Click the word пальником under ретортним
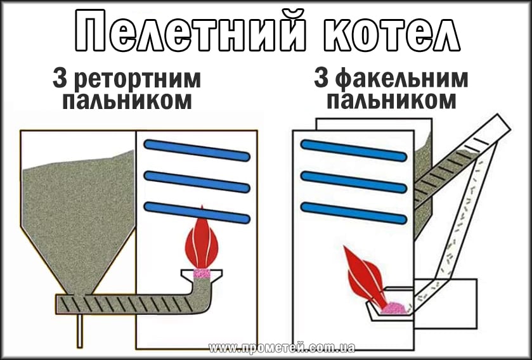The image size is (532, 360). click(x=126, y=101)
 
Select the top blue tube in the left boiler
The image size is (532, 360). click(x=197, y=150)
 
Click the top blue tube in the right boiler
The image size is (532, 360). click(x=353, y=150)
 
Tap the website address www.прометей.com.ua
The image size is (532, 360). click(x=282, y=348)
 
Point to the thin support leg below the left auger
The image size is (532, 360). click(x=81, y=330)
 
